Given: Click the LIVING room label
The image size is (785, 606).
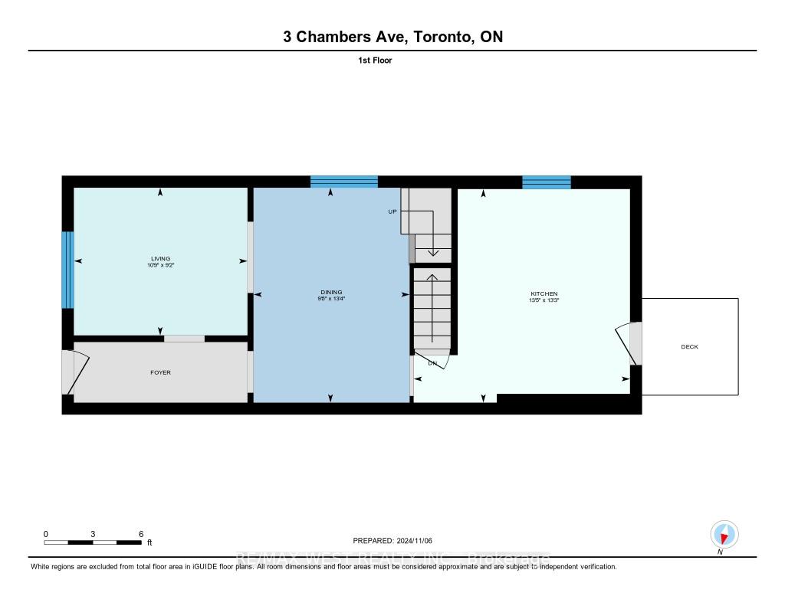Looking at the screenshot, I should click(x=160, y=259).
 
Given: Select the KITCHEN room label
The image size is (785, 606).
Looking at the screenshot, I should click(x=544, y=293).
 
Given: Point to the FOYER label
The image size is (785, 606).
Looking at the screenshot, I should click(x=160, y=372).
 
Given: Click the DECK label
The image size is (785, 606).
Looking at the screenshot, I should click(x=689, y=347).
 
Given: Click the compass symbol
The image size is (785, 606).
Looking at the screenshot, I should click(x=724, y=533).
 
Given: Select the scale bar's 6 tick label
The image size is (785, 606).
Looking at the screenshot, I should click(x=140, y=533).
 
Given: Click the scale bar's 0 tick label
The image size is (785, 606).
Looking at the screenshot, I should click(x=46, y=533).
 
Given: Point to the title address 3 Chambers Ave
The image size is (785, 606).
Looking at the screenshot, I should click(x=392, y=37).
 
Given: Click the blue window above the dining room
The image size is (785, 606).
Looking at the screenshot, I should click(x=343, y=182).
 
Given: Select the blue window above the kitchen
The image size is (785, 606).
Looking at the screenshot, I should click(x=547, y=182).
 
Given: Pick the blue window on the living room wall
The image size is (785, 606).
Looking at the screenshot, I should click(x=67, y=270).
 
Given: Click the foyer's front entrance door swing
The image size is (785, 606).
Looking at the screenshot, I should click(x=77, y=372).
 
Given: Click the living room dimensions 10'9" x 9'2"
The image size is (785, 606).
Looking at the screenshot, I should click(x=160, y=266).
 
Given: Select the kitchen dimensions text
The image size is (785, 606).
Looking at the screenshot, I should click(x=544, y=300).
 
